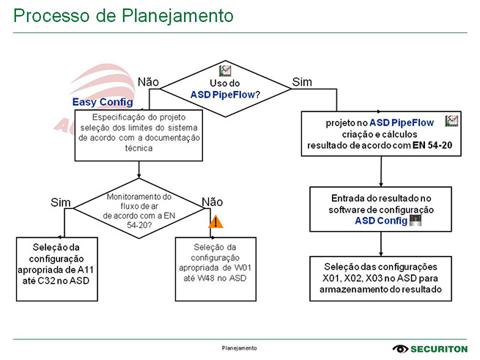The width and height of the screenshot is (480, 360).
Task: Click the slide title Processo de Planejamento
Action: point(124,15)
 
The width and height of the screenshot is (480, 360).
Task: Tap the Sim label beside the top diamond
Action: point(302,81)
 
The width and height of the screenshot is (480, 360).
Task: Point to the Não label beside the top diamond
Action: point(148,81)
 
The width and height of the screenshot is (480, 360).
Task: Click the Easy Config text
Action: point(103,103)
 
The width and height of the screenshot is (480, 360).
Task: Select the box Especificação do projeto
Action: point(139,133)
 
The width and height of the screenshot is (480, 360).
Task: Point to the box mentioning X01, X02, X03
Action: point(380,277)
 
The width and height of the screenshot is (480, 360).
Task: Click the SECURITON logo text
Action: point(440,349)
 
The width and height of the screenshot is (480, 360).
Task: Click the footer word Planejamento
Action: point(240,348)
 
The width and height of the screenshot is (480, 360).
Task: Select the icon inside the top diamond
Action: point(226,71)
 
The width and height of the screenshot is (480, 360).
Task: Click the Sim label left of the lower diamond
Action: point(60,202)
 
